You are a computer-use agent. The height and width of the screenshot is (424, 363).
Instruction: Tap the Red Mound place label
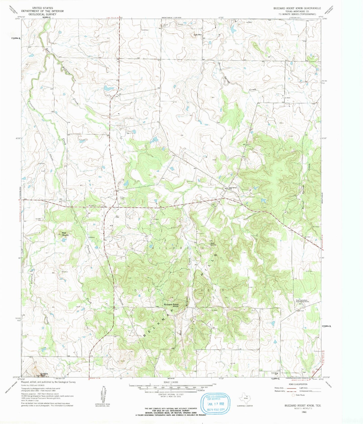pyautogui.click(x=65, y=234)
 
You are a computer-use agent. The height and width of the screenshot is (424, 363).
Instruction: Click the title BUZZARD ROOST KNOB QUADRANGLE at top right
pyautogui.click(x=297, y=8)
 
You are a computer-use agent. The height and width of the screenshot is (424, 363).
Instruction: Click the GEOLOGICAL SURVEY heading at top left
pyautogui.click(x=42, y=14)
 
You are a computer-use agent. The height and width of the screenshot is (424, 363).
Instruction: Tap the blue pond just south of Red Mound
pyautogui.click(x=64, y=240)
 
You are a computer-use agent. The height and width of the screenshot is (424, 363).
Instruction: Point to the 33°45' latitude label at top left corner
pyautogui.click(x=18, y=19)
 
